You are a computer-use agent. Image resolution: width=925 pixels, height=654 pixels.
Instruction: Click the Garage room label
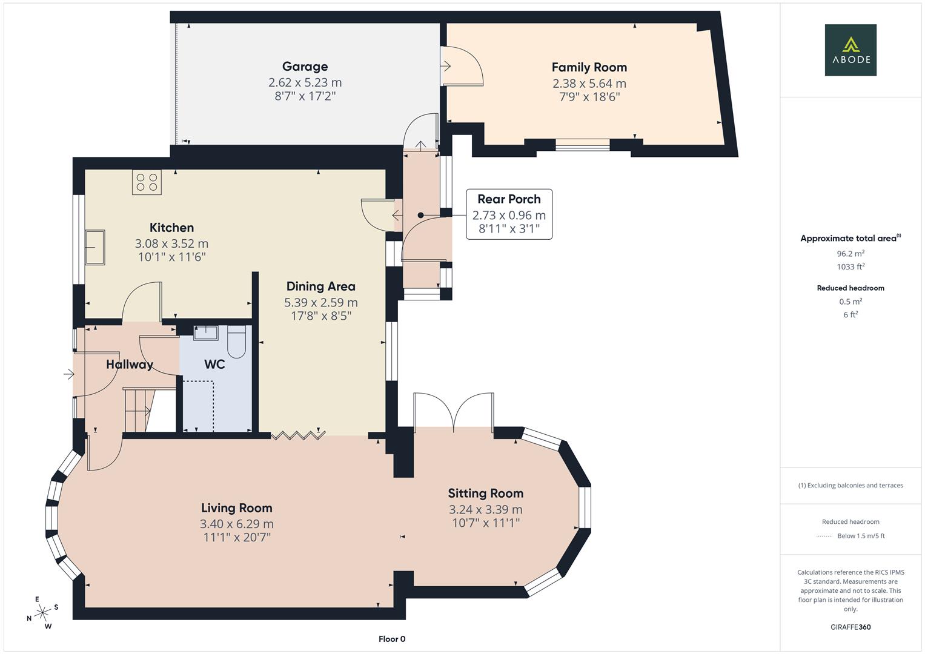[x=305, y=67]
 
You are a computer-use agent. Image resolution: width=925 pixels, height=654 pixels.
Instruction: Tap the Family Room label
[x=589, y=67]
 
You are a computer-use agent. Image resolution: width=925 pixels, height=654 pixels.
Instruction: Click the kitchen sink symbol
[x=94, y=247]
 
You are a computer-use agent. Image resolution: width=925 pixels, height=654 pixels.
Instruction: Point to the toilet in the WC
[x=236, y=343]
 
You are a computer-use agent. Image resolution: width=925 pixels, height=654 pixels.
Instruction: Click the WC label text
[x=214, y=365]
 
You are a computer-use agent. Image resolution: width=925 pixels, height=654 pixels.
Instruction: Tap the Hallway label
[x=129, y=365]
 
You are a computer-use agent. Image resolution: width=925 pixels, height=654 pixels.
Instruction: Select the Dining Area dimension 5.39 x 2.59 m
[x=320, y=302]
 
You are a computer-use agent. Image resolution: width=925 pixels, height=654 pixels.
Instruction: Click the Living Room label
[x=236, y=508]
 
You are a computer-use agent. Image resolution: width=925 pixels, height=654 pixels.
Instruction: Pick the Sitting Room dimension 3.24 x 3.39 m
[x=485, y=509]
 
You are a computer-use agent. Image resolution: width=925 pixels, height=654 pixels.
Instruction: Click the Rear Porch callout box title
[x=509, y=199]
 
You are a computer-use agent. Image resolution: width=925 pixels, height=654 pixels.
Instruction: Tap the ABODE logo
[x=850, y=50]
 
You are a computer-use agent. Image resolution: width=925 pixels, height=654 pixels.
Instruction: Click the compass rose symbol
[x=42, y=613]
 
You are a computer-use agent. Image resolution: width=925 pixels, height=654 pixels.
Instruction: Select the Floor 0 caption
[x=392, y=639]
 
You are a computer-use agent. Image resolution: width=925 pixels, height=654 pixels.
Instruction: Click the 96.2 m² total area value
[x=850, y=254]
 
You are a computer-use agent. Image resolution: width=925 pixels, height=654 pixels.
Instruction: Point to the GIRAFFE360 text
[x=850, y=627]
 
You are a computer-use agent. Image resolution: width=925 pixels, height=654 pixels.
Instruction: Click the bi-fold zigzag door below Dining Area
[x=299, y=434]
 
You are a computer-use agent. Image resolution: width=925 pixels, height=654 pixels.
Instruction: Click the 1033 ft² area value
[x=850, y=266]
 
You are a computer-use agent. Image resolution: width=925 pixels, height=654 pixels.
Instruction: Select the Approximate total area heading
[x=850, y=239]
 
